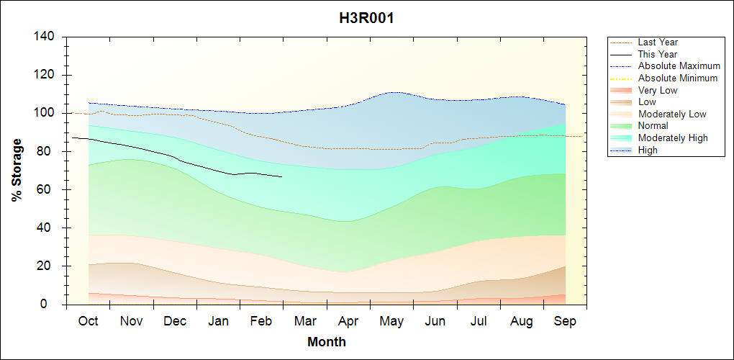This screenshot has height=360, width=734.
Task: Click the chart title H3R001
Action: [x=366, y=18]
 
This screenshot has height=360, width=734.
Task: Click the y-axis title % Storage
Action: [x=17, y=170]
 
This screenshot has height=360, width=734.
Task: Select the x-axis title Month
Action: [x=327, y=342]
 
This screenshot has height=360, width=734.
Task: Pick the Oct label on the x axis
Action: [x=88, y=321]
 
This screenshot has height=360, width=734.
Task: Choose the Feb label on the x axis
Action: [x=261, y=321]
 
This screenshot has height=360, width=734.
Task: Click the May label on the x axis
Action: [x=391, y=321]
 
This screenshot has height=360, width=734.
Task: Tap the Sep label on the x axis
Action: [x=565, y=321]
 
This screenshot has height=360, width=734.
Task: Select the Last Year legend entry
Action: [x=658, y=42]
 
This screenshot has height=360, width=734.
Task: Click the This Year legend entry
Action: [x=658, y=54]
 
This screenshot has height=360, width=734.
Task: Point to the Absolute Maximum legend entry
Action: [x=679, y=66]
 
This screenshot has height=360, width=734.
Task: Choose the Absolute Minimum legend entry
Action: [x=678, y=78]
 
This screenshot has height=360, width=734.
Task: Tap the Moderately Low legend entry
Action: [x=672, y=114]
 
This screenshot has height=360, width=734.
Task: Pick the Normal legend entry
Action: [x=653, y=126]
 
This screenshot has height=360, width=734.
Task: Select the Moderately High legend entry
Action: [x=673, y=138]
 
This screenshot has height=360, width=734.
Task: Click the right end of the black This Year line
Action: [x=281, y=176]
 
